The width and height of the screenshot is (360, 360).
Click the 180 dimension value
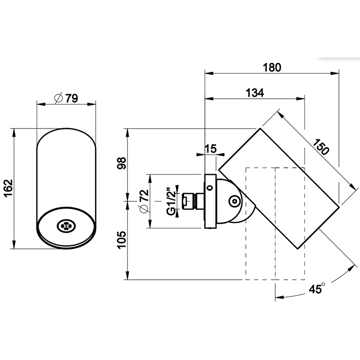273,67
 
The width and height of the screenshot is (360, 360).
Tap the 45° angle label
316,289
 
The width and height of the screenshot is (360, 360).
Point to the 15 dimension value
210,149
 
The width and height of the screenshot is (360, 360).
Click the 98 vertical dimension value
122,164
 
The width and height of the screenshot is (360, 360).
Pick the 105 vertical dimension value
122,240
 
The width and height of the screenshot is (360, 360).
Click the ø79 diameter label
65,98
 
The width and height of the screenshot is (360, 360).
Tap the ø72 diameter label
144,201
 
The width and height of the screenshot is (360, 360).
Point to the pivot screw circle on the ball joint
233,201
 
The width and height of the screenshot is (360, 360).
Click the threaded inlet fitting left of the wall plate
189,202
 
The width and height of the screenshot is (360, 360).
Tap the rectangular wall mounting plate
210,202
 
